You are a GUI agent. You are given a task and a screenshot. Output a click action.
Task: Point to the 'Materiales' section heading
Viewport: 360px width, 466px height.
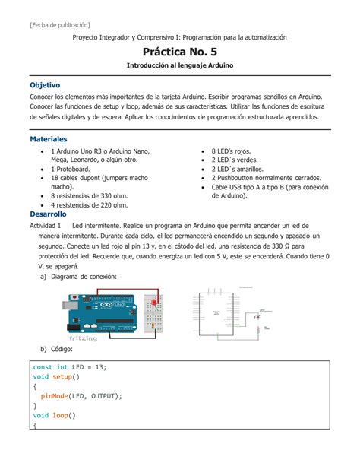point(49,140)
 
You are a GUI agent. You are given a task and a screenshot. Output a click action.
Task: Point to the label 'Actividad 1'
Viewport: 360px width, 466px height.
point(45,226)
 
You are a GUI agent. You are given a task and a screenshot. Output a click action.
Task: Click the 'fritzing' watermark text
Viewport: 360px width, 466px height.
point(84,338)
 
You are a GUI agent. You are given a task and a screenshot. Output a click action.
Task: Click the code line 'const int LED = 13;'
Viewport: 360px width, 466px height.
point(70,366)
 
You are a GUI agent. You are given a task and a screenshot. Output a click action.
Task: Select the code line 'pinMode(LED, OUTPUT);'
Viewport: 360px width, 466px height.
point(81,395)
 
